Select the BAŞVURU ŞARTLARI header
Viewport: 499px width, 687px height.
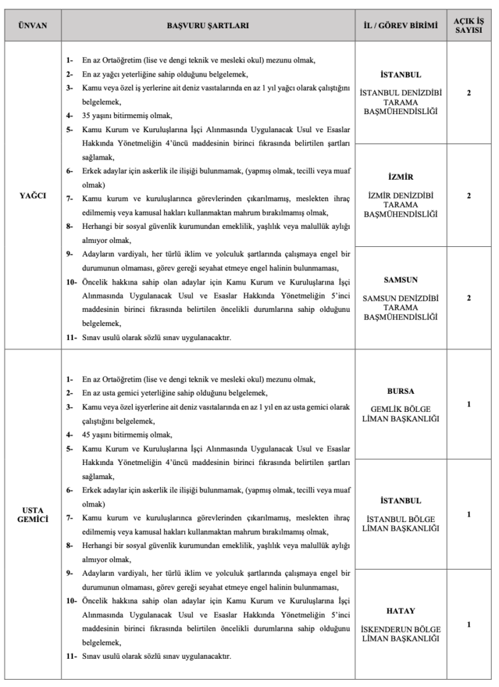coord(208,25)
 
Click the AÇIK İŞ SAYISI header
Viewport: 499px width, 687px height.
coord(468,25)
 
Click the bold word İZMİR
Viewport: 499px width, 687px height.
coord(400,177)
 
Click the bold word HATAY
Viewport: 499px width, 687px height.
coord(400,611)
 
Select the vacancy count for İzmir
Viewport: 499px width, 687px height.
coord(468,195)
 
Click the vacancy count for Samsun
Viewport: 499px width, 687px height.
coord(468,297)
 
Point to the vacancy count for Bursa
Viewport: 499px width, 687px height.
coord(468,404)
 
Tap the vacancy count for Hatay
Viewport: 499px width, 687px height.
coord(468,625)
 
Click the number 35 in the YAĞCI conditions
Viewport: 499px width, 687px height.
coord(87,114)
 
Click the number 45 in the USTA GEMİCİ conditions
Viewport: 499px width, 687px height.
coord(87,433)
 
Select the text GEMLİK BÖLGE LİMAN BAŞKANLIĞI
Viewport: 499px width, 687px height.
coord(400,414)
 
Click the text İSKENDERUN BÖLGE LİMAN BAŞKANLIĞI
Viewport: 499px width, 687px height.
coord(400,634)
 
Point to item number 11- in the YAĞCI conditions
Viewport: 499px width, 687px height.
coord(71,337)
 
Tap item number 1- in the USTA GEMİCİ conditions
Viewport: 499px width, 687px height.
coord(70,379)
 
